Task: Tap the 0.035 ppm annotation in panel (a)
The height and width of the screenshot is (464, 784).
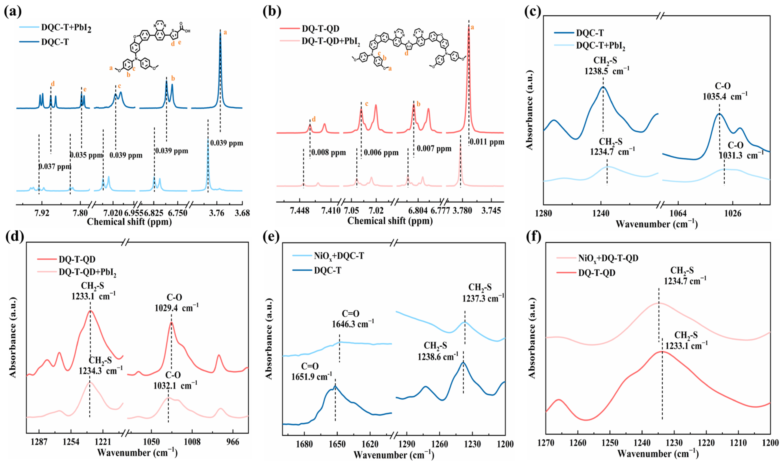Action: [86, 155]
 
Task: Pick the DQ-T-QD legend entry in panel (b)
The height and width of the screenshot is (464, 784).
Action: [320, 29]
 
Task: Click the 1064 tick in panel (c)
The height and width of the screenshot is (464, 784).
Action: [678, 214]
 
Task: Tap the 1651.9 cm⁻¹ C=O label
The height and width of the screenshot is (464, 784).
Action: [311, 376]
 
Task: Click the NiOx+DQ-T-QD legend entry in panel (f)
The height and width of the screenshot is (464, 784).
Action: [608, 258]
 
